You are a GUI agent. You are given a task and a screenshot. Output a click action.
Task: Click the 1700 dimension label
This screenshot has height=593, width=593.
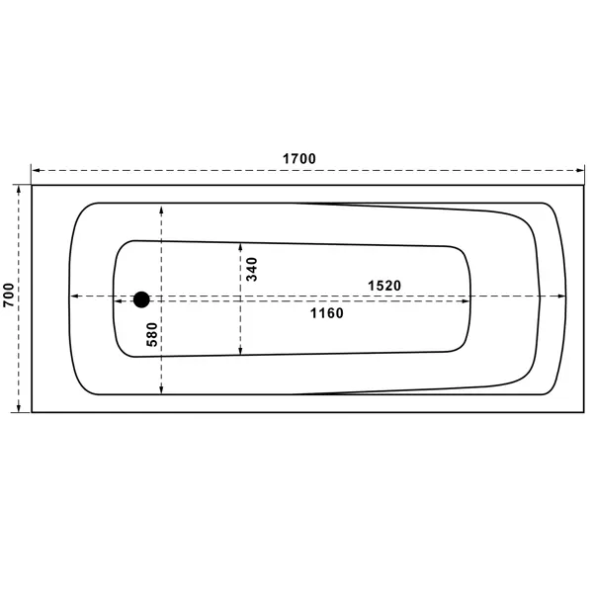[299, 159]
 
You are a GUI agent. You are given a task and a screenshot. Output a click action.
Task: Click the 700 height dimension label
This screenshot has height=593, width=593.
[9, 295]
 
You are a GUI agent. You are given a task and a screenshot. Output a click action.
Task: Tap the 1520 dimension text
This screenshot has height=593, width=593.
[384, 286]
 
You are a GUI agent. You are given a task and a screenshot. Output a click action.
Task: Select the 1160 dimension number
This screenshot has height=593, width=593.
[327, 313]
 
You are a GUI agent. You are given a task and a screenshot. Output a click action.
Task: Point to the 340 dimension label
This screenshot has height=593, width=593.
[252, 269]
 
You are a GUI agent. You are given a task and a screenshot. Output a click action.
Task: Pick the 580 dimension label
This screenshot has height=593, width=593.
[152, 334]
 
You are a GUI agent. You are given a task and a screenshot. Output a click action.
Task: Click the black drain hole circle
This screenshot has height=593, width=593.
[141, 299]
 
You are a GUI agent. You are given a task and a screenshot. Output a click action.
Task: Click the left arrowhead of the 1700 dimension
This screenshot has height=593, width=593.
[36, 171]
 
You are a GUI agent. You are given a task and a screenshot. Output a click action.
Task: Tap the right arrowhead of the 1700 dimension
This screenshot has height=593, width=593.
[580, 171]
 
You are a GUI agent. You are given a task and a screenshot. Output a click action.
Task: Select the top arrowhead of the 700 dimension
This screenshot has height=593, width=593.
[18, 190]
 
